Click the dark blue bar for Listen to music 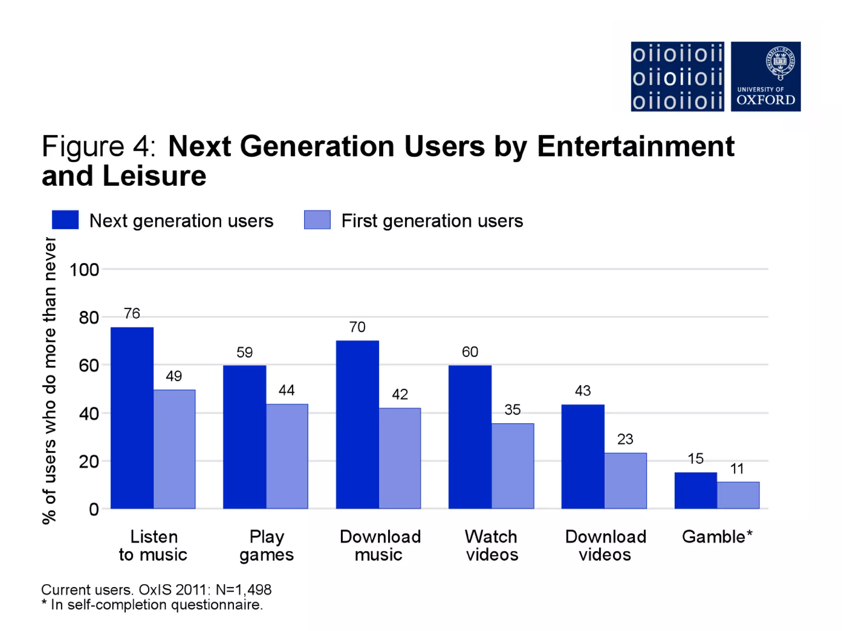tap(132, 417)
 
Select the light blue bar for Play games tap(287, 456)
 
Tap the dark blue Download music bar tap(357, 424)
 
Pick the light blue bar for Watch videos tap(513, 466)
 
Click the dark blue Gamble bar tap(696, 491)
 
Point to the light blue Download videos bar tap(625, 481)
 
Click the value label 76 tap(132, 313)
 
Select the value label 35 tap(512, 410)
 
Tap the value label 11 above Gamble tap(737, 469)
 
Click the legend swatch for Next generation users tap(65, 220)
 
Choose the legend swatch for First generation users tap(317, 220)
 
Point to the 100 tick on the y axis tap(84, 270)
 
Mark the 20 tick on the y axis tap(89, 462)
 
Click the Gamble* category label tap(717, 537)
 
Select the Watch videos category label tap(492, 546)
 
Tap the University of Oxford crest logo tap(766, 76)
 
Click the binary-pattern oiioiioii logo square tap(677, 76)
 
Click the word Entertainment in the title tap(636, 146)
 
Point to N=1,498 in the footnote tap(243, 590)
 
